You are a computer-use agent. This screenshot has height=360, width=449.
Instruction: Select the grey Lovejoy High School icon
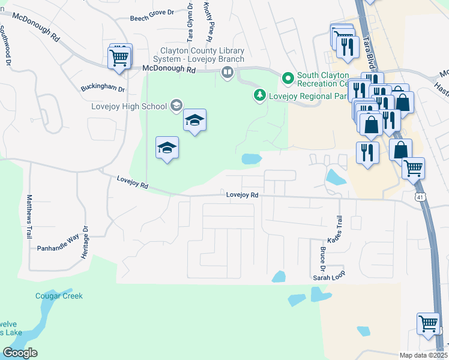pos(176,106)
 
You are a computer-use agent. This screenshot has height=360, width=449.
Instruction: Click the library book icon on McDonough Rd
pos(228,73)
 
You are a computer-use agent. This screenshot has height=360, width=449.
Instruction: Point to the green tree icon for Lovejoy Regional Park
pos(259,95)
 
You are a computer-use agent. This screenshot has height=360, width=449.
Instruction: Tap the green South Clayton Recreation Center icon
pos(288,79)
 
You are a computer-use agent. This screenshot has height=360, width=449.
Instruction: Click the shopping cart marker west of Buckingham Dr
pos(119,58)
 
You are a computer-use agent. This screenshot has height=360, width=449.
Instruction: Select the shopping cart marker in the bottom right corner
pos(428,324)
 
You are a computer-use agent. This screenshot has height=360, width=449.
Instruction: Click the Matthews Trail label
pos(28,217)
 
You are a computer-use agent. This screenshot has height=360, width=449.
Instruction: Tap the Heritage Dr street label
pos(85,242)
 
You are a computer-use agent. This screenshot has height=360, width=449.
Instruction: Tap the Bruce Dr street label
pos(322,259)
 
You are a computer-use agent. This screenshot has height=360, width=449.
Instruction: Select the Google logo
pos(20,353)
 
